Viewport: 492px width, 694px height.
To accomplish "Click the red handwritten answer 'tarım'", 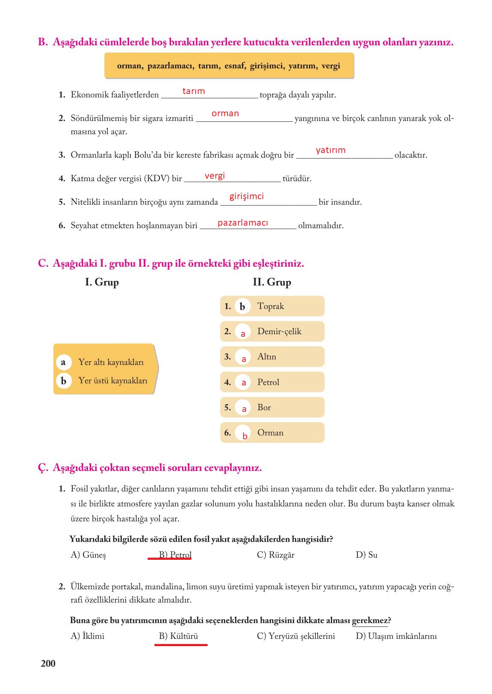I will [x=194, y=91].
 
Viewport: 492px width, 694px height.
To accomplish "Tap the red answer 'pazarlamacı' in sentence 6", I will [x=242, y=223].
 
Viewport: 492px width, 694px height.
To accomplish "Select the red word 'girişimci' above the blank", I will [x=246, y=196].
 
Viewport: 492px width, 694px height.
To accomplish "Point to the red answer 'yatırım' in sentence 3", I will [x=330, y=150].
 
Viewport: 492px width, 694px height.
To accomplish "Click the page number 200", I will [x=48, y=663].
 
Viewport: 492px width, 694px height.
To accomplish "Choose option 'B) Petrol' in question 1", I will [x=175, y=555].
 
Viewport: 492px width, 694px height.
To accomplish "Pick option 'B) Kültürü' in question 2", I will [x=178, y=636].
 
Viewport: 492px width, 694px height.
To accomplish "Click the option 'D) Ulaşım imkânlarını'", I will [x=396, y=636].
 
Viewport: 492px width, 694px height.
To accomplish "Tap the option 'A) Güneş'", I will [x=88, y=555].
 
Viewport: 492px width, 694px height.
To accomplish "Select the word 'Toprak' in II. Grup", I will [x=271, y=306].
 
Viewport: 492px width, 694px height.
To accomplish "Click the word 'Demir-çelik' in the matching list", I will [x=279, y=331].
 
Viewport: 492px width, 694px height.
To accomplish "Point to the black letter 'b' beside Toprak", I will [x=242, y=306].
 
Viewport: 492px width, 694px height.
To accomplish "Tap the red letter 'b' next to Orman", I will [x=245, y=436].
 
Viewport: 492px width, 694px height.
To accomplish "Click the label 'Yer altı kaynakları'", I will [x=111, y=362].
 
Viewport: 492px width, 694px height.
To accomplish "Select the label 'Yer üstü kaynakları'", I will [x=113, y=380].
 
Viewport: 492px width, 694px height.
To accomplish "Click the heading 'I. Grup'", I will [x=102, y=282].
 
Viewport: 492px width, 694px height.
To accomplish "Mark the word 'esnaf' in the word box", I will [x=234, y=66].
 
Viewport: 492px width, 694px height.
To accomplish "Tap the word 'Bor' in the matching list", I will [x=264, y=407].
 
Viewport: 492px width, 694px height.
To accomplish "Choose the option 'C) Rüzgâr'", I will [x=276, y=555].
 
